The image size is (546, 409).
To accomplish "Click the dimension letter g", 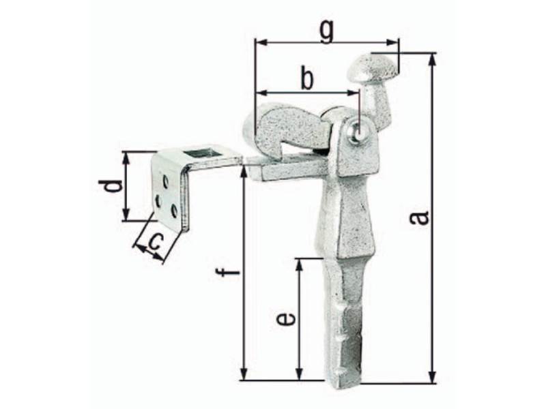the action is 327,31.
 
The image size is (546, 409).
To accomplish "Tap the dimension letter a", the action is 419,218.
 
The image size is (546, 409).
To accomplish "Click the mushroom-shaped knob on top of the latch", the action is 372,66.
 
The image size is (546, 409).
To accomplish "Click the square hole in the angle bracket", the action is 197,152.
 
